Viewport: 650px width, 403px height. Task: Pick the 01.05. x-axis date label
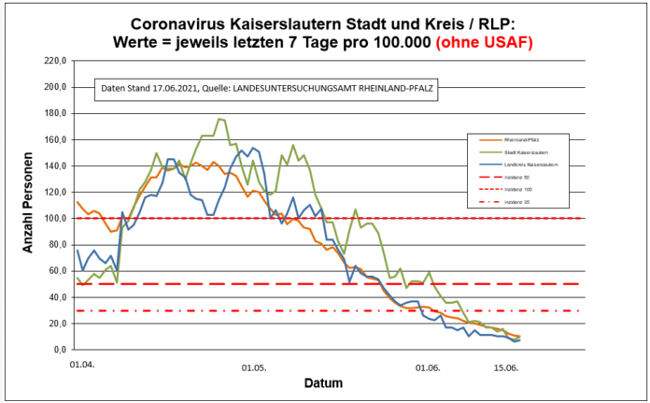pos(253,367)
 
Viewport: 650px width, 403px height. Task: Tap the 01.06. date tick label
pos(428,367)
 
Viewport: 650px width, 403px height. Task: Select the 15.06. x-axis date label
pos(505,367)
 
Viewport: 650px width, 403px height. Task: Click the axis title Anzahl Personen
pos(28,205)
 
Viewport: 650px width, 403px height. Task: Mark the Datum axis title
pos(323,383)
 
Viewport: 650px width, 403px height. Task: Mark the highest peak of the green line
pos(219,119)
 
